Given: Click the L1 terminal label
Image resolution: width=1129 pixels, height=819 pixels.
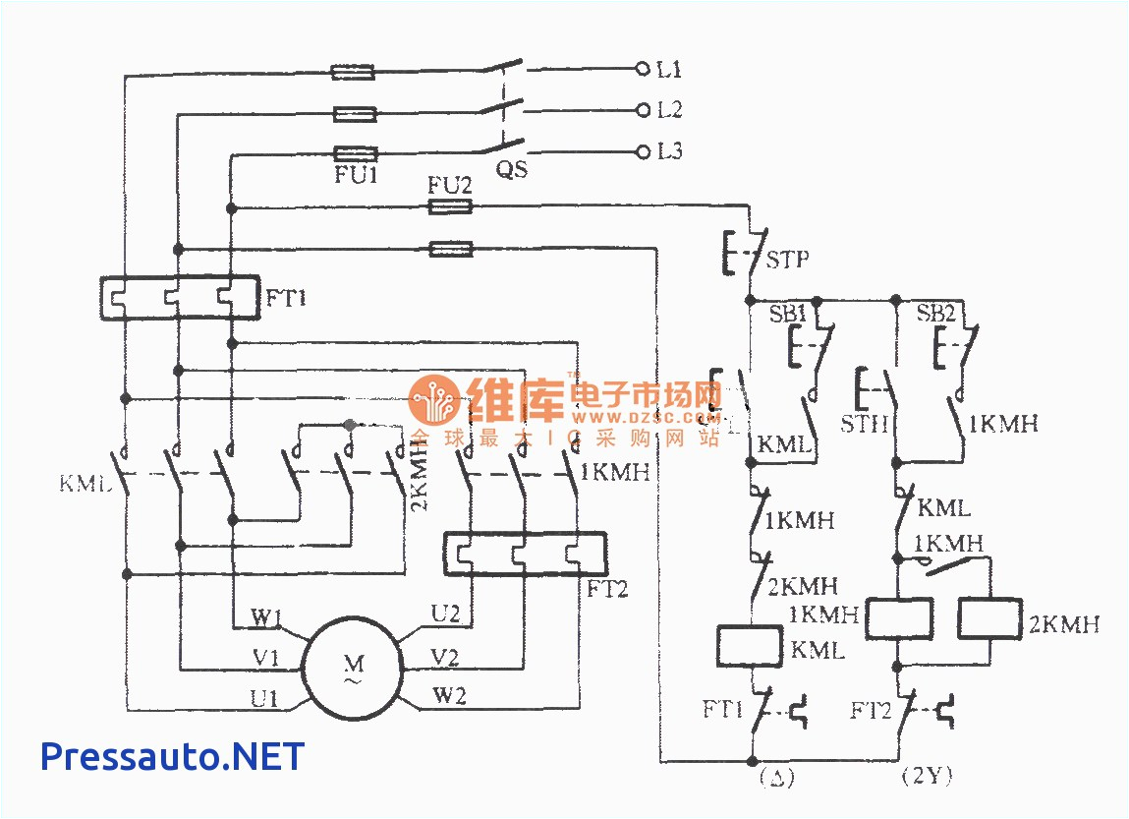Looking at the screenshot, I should tap(670, 70).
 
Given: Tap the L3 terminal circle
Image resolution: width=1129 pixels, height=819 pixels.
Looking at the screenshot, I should tap(644, 151).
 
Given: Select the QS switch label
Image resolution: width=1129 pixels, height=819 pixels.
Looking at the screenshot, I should tap(511, 170).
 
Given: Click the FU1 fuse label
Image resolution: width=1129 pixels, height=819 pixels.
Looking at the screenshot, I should tap(354, 176).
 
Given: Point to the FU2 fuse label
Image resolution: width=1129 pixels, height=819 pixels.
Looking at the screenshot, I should tap(449, 185).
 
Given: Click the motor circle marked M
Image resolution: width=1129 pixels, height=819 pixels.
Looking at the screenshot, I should tap(352, 667).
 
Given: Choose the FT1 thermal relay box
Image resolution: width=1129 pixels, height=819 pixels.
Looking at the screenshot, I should tap(180, 298).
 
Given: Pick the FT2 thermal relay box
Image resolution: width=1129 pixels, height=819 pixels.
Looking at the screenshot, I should tap(525, 555).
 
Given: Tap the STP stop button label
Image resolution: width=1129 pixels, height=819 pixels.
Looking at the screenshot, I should tap(789, 260).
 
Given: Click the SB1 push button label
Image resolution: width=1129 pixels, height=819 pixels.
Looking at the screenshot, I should tap(787, 314).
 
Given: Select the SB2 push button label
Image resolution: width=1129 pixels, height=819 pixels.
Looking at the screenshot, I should tap(935, 314).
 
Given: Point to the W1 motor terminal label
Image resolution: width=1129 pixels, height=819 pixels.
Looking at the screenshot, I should tap(266, 618).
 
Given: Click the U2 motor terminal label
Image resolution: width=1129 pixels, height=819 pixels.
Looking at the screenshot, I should tap(445, 614).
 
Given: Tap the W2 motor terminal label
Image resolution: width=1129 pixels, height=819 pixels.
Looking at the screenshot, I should tap(449, 697).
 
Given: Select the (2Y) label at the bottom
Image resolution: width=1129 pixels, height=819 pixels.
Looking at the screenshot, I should tap(927, 777).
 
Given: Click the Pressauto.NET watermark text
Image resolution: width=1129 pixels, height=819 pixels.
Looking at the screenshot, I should tap(172, 756).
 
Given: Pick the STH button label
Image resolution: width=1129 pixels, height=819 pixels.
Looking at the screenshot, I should tap(865, 425).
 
